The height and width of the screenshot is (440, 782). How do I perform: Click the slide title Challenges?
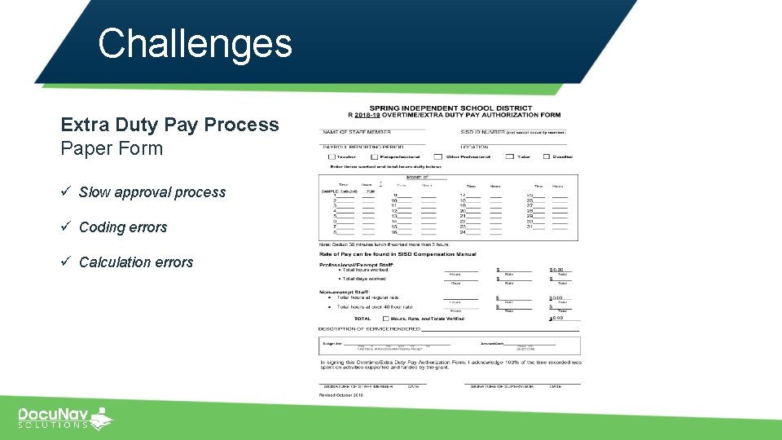[x=195, y=43]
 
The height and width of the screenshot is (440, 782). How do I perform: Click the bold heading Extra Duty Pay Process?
[x=169, y=125]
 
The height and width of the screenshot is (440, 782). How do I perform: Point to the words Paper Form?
[x=112, y=148]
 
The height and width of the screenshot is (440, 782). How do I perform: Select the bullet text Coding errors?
[x=122, y=227]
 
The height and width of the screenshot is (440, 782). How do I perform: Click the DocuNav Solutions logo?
[x=65, y=417]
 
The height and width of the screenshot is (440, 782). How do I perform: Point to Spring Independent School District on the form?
[x=450, y=108]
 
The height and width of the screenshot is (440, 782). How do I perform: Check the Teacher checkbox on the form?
[x=331, y=156]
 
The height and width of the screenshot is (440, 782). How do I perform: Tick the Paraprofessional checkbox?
[x=374, y=156]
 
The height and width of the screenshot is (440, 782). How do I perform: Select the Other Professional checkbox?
[x=438, y=156]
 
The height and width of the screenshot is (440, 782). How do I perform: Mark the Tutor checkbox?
[x=510, y=156]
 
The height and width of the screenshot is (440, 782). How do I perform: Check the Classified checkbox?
[x=547, y=156]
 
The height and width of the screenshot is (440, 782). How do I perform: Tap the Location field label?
[x=474, y=147]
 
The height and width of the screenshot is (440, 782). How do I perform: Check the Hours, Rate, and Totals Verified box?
[x=384, y=318]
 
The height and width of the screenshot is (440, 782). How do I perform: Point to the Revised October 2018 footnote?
[x=340, y=395]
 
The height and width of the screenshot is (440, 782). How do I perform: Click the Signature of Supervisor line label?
[x=491, y=386]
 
